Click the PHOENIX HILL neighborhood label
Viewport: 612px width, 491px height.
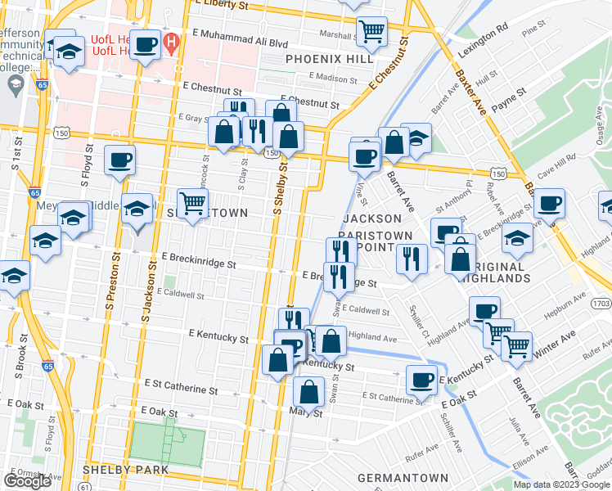point(330,59)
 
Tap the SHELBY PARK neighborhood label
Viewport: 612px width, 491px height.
point(125,470)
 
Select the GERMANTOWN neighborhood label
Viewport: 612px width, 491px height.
point(407,478)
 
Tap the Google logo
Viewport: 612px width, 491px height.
point(27,481)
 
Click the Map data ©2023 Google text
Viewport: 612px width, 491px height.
point(563,484)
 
